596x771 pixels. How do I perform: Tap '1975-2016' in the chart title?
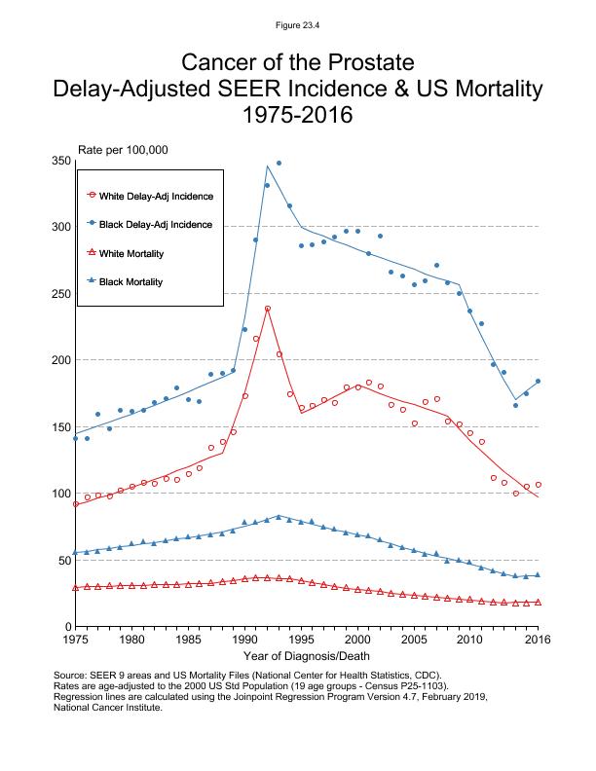coord(297,115)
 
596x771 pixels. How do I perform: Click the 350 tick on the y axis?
coord(60,161)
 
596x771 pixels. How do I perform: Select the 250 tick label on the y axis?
coord(60,294)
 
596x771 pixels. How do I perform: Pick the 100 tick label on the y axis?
coord(60,494)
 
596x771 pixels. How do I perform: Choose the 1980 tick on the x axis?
coord(132,640)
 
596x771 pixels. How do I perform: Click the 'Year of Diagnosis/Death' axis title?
coord(306,657)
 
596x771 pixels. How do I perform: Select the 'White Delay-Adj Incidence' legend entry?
coord(156,196)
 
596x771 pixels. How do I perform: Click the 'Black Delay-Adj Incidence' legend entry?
coord(156,225)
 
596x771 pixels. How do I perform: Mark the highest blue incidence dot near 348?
coord(279,164)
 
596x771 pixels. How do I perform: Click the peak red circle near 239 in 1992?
coord(267,309)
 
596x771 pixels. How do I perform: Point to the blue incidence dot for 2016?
coord(538,382)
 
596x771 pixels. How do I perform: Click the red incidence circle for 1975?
coord(75,504)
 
